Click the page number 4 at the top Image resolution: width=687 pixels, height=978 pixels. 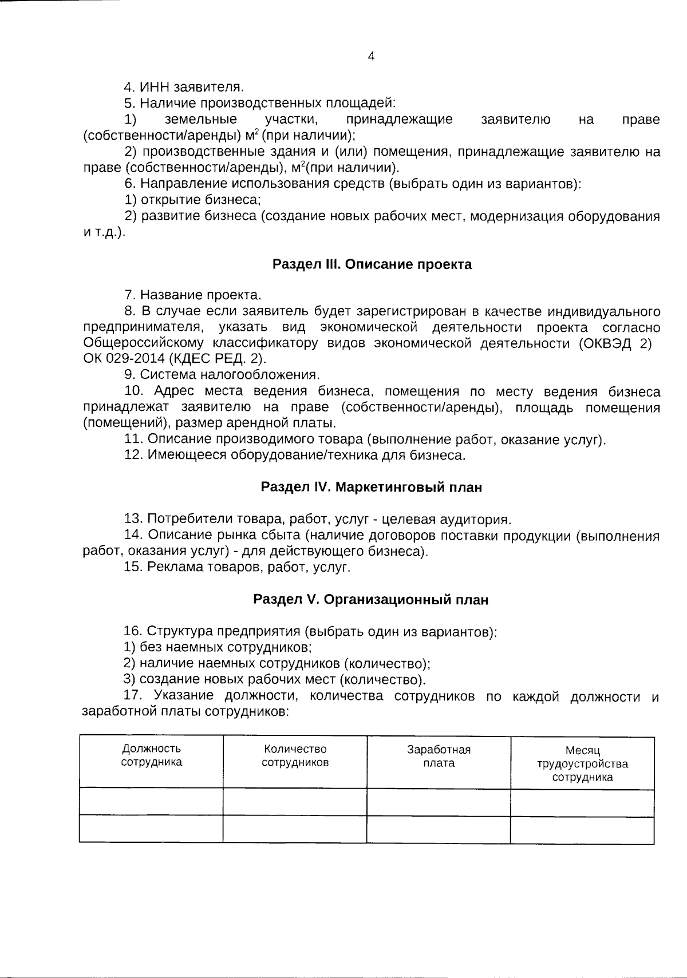(371, 57)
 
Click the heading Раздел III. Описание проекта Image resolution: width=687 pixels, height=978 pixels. (372, 264)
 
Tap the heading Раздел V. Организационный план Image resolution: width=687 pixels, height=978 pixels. (371, 600)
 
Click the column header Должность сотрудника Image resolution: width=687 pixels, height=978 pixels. (151, 755)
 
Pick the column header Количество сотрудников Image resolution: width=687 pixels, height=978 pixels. (295, 755)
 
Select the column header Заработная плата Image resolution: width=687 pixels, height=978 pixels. (439, 757)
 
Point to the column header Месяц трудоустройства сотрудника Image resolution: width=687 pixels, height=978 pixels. (582, 763)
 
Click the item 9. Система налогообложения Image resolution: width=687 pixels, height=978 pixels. (222, 375)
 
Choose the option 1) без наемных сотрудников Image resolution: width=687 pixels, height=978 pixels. (218, 648)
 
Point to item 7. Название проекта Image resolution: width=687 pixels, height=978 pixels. (193, 295)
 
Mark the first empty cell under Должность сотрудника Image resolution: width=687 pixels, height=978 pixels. (151, 802)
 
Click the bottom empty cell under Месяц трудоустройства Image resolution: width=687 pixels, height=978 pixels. (582, 830)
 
